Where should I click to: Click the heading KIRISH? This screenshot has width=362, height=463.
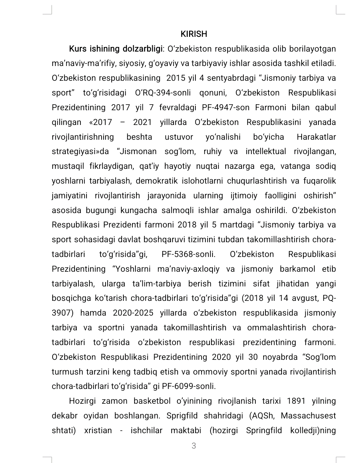(194, 34)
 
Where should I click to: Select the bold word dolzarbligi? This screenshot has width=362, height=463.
(142, 49)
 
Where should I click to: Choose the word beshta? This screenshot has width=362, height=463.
(139, 137)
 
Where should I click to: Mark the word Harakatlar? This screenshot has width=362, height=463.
(316, 137)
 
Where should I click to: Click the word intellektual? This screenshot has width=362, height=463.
(266, 151)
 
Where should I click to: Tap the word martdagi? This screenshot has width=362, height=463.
(237, 225)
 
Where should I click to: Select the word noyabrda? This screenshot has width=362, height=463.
(280, 357)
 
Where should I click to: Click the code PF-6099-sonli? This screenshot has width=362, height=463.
(189, 386)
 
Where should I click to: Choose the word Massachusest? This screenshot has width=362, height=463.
(308, 416)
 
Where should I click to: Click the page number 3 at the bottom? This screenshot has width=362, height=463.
(193, 446)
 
